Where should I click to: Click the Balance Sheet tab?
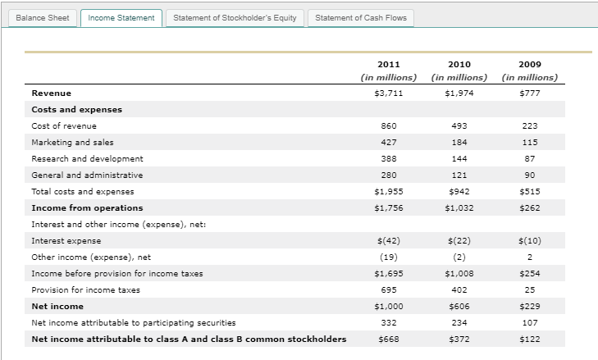(41, 17)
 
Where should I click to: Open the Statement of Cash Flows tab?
(360, 17)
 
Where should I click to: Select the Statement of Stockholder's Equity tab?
(235, 17)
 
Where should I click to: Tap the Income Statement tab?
(121, 17)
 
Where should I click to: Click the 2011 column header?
(389, 64)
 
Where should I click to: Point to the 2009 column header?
(530, 64)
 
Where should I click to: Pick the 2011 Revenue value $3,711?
(389, 93)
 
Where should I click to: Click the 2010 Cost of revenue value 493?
(459, 125)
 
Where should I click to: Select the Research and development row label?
(87, 158)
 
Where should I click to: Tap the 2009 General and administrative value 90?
(530, 175)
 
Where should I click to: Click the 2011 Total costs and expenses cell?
(389, 191)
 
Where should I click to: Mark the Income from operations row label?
(87, 207)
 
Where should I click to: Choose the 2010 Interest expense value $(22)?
(459, 240)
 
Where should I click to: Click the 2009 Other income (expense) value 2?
(530, 257)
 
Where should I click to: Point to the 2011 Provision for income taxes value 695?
(389, 289)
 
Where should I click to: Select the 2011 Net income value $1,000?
(389, 306)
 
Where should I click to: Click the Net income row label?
(57, 306)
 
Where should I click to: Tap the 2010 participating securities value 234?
(459, 322)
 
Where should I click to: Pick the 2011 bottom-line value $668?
(389, 339)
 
